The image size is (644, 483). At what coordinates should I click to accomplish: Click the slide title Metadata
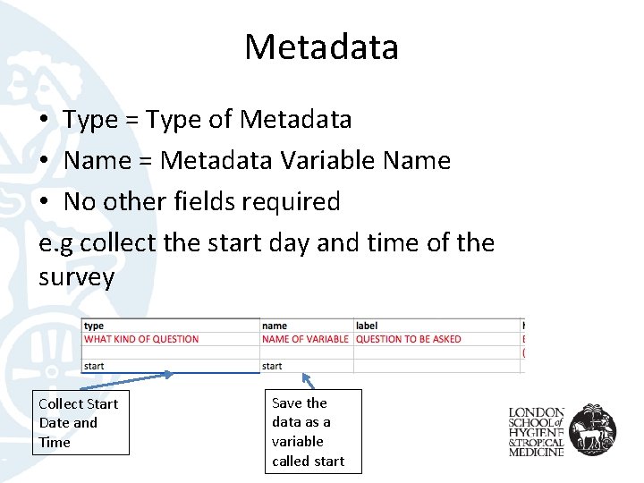click(x=321, y=47)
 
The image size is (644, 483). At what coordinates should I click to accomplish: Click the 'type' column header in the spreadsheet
click(x=94, y=326)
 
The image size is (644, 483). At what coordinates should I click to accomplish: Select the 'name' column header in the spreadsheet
click(x=275, y=326)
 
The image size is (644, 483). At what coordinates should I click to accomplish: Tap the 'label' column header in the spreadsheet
click(x=367, y=326)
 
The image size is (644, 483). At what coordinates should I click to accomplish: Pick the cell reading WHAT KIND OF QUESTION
click(x=141, y=339)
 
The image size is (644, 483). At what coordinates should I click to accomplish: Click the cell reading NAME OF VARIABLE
click(x=305, y=339)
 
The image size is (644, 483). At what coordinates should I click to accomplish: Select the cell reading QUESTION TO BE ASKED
click(x=409, y=339)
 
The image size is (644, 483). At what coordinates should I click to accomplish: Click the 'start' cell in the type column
click(x=94, y=366)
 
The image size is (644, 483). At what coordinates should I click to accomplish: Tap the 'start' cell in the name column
click(x=273, y=366)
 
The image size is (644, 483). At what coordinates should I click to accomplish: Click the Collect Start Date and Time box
click(x=80, y=423)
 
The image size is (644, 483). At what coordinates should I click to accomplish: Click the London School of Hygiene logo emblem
click(x=593, y=429)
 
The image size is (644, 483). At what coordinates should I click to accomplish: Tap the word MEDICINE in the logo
click(x=537, y=453)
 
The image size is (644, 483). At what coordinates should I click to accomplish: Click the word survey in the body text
click(x=77, y=277)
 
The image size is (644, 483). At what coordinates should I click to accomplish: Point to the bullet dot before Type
click(x=45, y=120)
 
